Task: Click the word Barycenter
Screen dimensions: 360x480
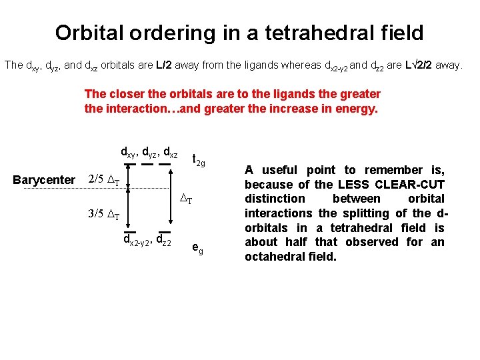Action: click(x=44, y=179)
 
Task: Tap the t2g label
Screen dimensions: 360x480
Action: click(x=198, y=159)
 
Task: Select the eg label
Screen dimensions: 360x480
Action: click(x=197, y=247)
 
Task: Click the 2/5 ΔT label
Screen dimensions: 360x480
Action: click(x=105, y=179)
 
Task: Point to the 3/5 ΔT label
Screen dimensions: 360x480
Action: click(x=105, y=215)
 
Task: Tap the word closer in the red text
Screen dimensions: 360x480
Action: click(x=128, y=94)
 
